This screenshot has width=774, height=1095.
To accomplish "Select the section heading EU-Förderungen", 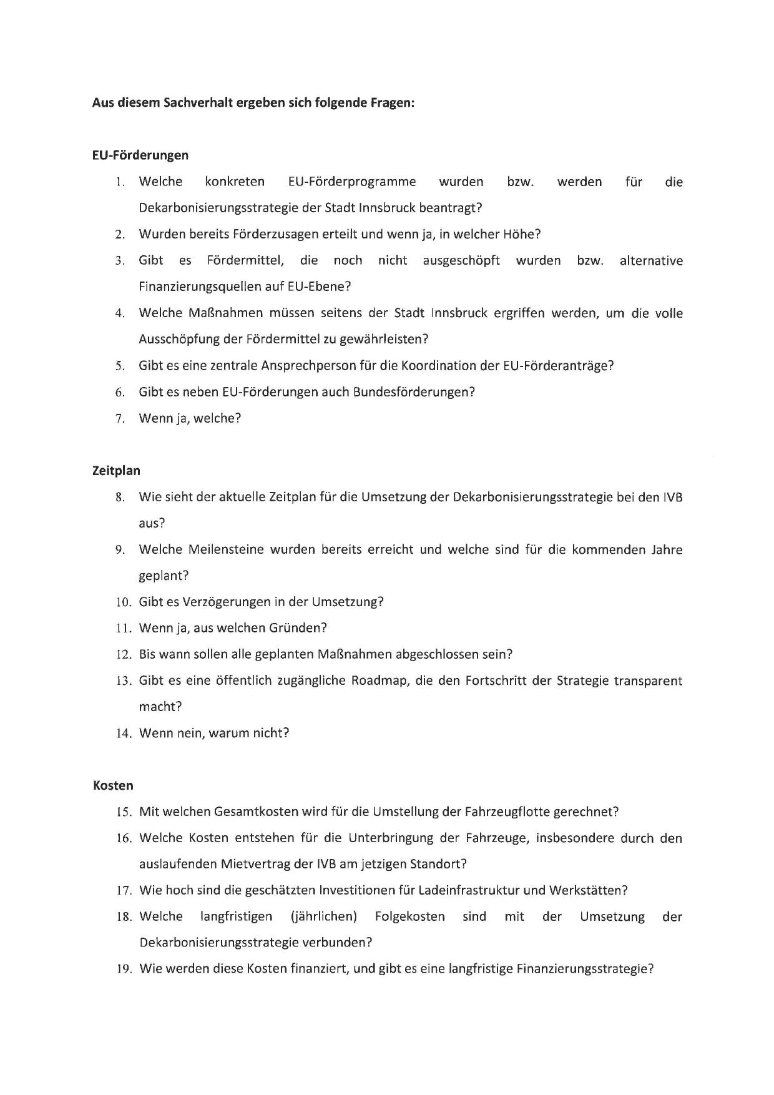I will click(x=140, y=155).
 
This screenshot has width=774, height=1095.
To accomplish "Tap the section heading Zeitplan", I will click(x=117, y=471).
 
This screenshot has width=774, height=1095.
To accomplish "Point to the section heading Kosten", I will click(x=113, y=785).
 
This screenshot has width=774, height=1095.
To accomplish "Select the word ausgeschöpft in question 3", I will click(x=461, y=260).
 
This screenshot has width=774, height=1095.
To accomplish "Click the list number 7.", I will click(x=120, y=419).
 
